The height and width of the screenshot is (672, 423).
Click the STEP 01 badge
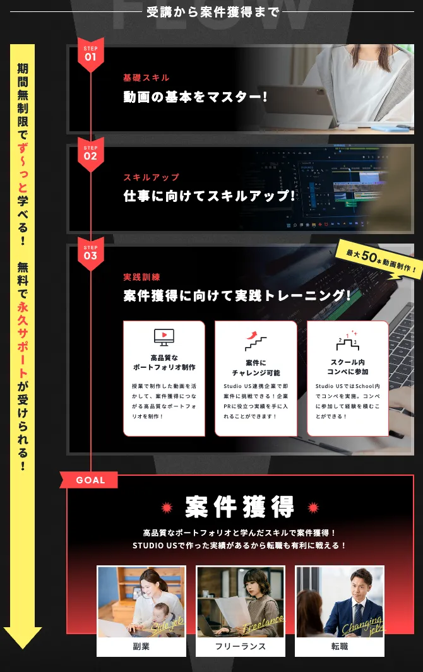tap(90, 54)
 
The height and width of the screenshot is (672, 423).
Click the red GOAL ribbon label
tap(90, 480)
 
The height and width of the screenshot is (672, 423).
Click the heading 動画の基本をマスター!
tap(196, 97)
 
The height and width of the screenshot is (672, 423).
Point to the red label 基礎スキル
tap(146, 78)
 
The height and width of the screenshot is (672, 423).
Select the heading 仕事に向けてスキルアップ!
tap(209, 196)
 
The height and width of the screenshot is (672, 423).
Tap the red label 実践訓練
tap(142, 277)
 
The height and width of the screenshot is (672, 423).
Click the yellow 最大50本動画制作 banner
tap(378, 259)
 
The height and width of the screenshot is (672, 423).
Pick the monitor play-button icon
tap(164, 338)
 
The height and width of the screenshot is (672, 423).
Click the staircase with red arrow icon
tap(256, 341)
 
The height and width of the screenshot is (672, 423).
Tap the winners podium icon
tap(347, 341)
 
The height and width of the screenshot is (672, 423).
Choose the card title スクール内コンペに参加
tap(347, 367)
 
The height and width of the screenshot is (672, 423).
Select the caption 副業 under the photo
tap(141, 646)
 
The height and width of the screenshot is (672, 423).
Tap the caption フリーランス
tap(240, 646)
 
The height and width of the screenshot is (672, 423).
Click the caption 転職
tap(340, 646)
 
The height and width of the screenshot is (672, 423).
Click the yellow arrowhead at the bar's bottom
tap(23, 637)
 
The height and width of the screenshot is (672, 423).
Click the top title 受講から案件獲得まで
tap(211, 11)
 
